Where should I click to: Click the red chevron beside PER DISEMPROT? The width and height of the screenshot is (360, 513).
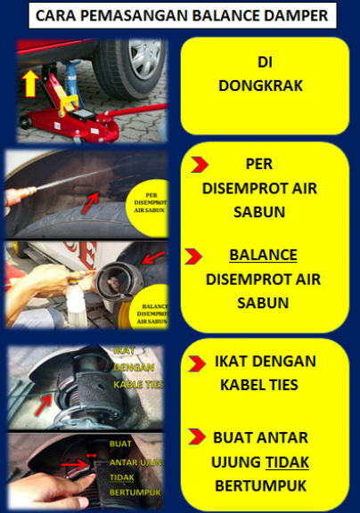click(200, 166)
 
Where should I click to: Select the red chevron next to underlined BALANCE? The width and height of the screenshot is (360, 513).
click(193, 256)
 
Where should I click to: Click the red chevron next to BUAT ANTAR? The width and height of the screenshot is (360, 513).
click(199, 437)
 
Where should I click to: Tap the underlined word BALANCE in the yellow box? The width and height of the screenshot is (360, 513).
click(263, 256)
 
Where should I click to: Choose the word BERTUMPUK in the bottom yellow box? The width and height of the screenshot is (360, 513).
click(263, 485)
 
